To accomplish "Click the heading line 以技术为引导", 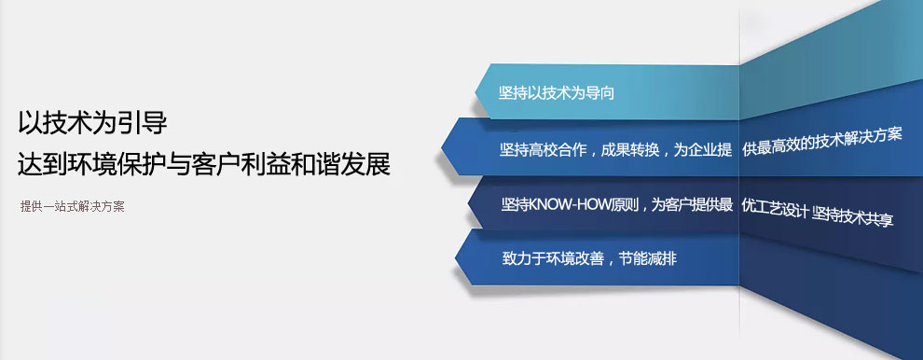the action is pos(92,124).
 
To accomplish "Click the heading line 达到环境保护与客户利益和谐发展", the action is pos(203,164).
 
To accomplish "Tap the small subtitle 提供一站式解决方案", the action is pos(73,207).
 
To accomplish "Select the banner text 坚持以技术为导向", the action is pos(557,93).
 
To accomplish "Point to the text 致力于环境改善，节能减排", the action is pos(589,258).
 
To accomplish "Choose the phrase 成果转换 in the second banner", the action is pos(630,149).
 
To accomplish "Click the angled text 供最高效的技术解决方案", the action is pos(822,142).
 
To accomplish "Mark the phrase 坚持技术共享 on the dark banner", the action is pos(853,215).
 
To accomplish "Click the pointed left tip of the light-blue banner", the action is pos(475,92).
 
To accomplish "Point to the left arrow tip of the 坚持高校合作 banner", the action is pos(442,146).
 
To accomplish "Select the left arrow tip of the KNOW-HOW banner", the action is pos(469,204).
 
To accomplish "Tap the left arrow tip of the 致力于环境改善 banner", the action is pos(456,257).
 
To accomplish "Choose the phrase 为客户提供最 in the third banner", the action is pos(692,204).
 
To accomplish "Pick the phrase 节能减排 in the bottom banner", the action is pos(648,258).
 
